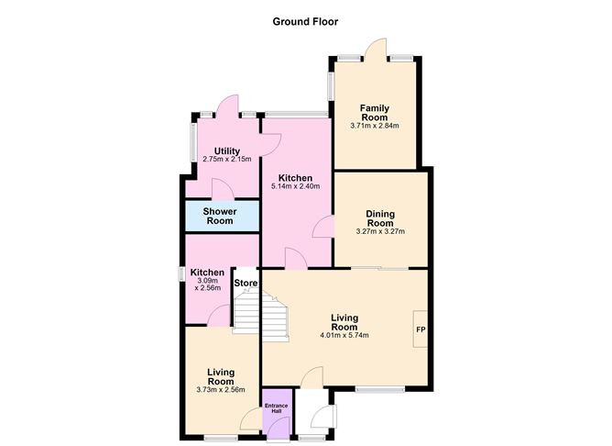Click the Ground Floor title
(305, 21)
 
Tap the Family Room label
(374, 112)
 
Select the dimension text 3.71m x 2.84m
(375, 126)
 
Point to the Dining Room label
(380, 217)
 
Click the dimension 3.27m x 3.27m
(380, 231)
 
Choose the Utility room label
(227, 151)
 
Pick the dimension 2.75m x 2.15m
(227, 161)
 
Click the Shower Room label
(220, 216)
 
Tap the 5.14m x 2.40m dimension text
(296, 186)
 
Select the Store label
(246, 283)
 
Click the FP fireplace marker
(421, 329)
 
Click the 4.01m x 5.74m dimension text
(344, 335)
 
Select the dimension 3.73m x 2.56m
(221, 389)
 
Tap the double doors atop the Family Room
(375, 49)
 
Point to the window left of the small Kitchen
(181, 273)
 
